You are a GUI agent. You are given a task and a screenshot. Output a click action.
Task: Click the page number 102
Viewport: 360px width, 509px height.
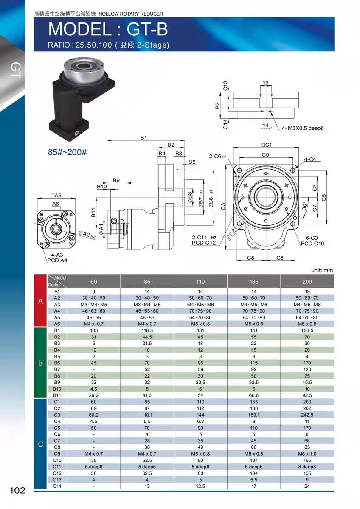[x=17, y=490]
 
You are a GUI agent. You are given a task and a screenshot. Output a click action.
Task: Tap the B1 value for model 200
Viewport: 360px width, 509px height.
[x=307, y=330]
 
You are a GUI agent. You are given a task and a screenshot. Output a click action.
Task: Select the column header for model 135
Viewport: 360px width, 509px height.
[x=254, y=282]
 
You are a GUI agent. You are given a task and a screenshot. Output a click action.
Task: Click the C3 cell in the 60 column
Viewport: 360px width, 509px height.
[x=94, y=415]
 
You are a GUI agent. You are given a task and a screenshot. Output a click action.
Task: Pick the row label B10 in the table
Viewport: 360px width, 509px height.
[x=57, y=389]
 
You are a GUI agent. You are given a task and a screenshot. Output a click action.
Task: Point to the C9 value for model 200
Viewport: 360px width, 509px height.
[x=307, y=453]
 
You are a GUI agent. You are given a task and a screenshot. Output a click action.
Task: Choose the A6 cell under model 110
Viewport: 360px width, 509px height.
[x=200, y=324]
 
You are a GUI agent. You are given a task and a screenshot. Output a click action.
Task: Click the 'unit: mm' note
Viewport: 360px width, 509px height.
[x=322, y=271]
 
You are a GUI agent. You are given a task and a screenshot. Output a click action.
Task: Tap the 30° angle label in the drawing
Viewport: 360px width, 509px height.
[x=304, y=206]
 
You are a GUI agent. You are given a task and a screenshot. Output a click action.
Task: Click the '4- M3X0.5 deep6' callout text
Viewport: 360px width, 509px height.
[x=303, y=128]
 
